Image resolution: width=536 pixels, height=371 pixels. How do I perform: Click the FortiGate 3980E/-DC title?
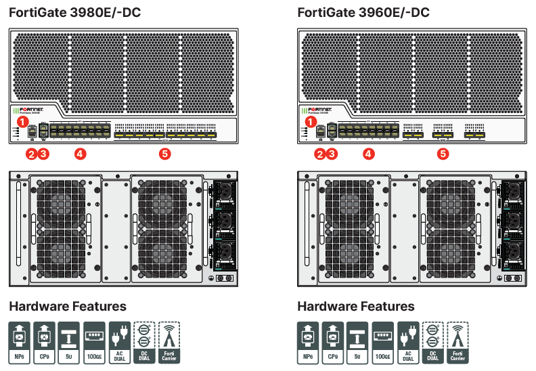click(x=74, y=13)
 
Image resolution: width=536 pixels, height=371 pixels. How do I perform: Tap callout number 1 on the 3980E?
click(x=22, y=122)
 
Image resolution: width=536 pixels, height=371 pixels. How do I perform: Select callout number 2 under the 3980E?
click(x=31, y=154)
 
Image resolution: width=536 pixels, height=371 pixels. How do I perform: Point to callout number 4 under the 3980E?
click(x=80, y=154)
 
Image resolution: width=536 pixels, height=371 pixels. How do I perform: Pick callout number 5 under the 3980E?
click(x=164, y=154)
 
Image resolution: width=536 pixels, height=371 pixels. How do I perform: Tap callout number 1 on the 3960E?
click(x=311, y=122)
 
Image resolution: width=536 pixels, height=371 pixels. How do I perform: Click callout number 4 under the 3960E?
click(x=368, y=154)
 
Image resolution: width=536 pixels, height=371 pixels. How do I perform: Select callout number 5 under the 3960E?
click(x=443, y=154)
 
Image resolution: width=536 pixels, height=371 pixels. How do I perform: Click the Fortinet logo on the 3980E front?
click(x=32, y=109)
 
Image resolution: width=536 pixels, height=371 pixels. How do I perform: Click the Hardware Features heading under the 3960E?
click(x=356, y=307)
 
